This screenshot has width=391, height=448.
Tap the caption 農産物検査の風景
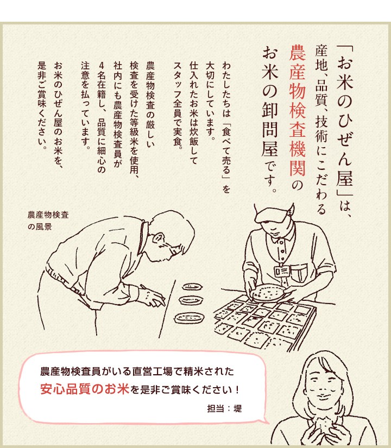coord(48,220)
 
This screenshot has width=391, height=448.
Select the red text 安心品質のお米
coord(85,389)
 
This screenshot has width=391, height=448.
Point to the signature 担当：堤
coord(224,408)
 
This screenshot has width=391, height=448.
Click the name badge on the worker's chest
coord(282,270)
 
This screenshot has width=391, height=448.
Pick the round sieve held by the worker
coord(267,293)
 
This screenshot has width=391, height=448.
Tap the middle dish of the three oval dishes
coord(192,300)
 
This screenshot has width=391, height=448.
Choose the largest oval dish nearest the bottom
coord(189,318)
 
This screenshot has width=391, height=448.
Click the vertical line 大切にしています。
coord(210,99)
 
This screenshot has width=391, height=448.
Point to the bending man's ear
coord(159,237)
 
